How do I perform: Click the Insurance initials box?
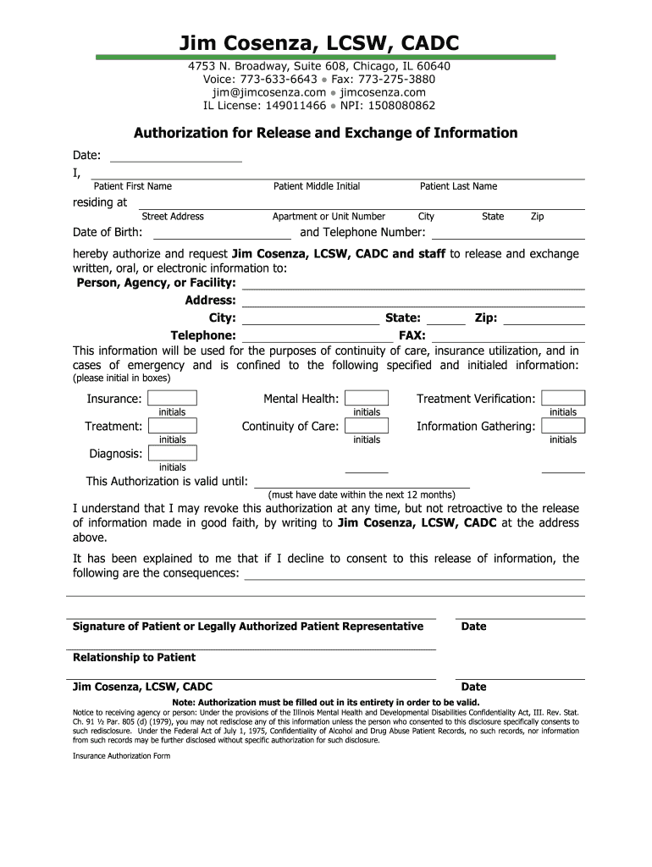[173, 398]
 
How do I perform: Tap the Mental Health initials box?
[367, 398]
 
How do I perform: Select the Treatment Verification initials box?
[563, 398]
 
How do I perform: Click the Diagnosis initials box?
[173, 453]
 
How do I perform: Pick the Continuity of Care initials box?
[367, 426]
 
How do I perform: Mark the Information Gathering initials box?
[563, 426]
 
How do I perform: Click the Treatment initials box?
[173, 426]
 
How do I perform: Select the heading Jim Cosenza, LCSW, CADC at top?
[325, 43]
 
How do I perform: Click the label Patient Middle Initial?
[317, 186]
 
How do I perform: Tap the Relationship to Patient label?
[134, 657]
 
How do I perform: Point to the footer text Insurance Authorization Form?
[122, 756]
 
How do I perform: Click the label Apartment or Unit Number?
[329, 217]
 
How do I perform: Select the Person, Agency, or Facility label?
[157, 283]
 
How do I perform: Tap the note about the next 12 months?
[362, 494]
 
